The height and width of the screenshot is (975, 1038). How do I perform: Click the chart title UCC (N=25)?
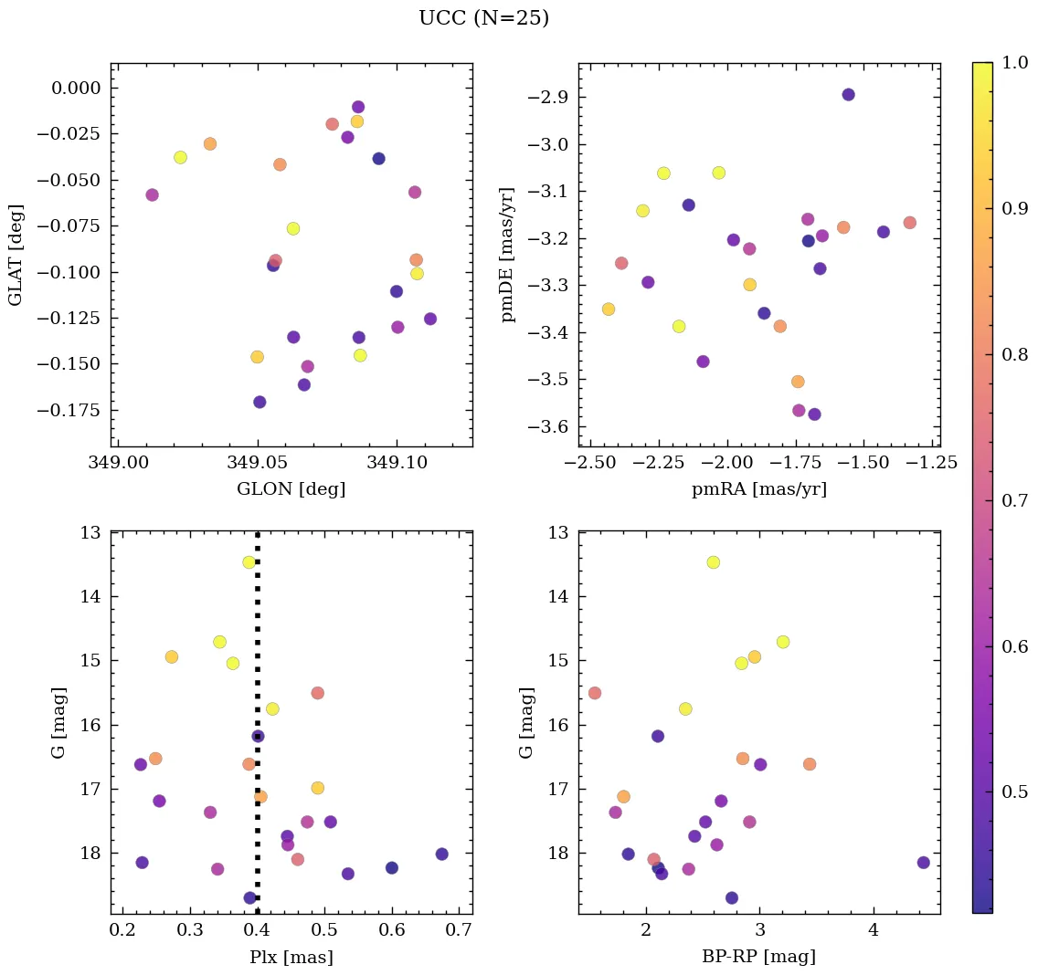[x=483, y=18]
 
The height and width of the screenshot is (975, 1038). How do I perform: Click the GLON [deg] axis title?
[x=291, y=489]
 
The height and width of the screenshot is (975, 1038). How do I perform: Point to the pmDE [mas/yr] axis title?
[x=509, y=255]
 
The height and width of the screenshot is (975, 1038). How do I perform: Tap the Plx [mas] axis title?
[x=291, y=957]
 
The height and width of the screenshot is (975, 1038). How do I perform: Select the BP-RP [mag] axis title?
[x=759, y=957]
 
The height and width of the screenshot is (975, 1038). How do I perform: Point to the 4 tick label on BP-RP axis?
[x=874, y=932]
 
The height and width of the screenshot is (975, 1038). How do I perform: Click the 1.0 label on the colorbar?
[x=1014, y=63]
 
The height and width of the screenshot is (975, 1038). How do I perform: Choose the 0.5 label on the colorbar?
[x=1014, y=791]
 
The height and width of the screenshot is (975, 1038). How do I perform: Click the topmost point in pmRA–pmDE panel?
[x=848, y=95]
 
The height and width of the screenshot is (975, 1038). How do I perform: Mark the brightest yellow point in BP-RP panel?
[x=713, y=562]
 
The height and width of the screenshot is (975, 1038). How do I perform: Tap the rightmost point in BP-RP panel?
[x=923, y=863]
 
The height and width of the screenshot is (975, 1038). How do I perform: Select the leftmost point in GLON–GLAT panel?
[x=152, y=194]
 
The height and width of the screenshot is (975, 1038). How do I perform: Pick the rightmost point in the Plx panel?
[x=442, y=854]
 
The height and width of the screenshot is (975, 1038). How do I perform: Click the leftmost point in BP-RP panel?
[x=595, y=693]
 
